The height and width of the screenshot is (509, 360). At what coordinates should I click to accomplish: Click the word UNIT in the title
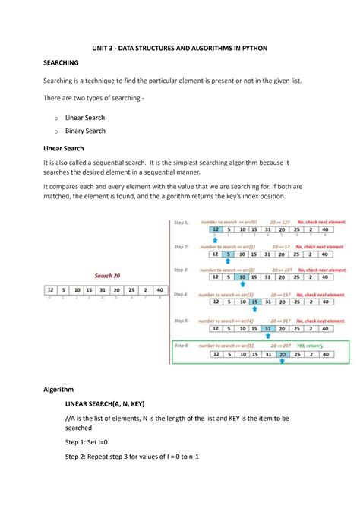pyautogui.click(x=103, y=48)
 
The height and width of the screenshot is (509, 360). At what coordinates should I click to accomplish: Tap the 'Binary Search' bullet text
pyautogui.click(x=85, y=131)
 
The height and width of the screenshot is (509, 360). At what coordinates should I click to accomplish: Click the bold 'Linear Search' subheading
pyautogui.click(x=64, y=147)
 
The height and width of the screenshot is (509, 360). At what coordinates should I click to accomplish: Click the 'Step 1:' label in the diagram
pyautogui.click(x=181, y=222)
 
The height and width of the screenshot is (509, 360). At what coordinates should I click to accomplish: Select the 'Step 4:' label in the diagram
pyautogui.click(x=181, y=293)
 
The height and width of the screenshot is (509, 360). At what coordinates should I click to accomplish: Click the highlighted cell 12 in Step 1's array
pyautogui.click(x=216, y=229)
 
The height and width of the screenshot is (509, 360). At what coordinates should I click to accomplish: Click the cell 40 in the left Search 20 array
pyautogui.click(x=159, y=289)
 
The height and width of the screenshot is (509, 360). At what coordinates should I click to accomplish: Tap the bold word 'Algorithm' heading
pyautogui.click(x=58, y=389)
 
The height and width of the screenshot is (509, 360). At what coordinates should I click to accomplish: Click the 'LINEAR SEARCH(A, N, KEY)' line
pyautogui.click(x=105, y=403)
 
